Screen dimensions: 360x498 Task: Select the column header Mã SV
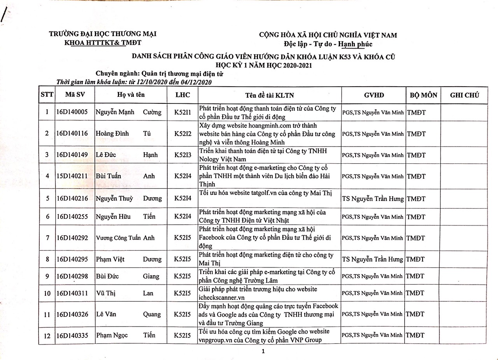pos(75,95)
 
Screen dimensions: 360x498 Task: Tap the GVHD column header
pos(374,95)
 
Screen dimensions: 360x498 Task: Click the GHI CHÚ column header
pos(465,95)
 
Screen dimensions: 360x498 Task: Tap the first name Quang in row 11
pos(152,314)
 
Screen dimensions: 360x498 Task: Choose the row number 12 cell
pos(47,336)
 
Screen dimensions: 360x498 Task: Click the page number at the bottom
pos(263,352)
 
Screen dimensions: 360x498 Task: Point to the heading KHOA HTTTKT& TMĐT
pos(103,43)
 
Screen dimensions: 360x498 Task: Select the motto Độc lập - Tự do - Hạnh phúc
pos(328,44)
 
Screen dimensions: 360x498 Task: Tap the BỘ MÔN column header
pos(423,95)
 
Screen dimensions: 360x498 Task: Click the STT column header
pos(47,95)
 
